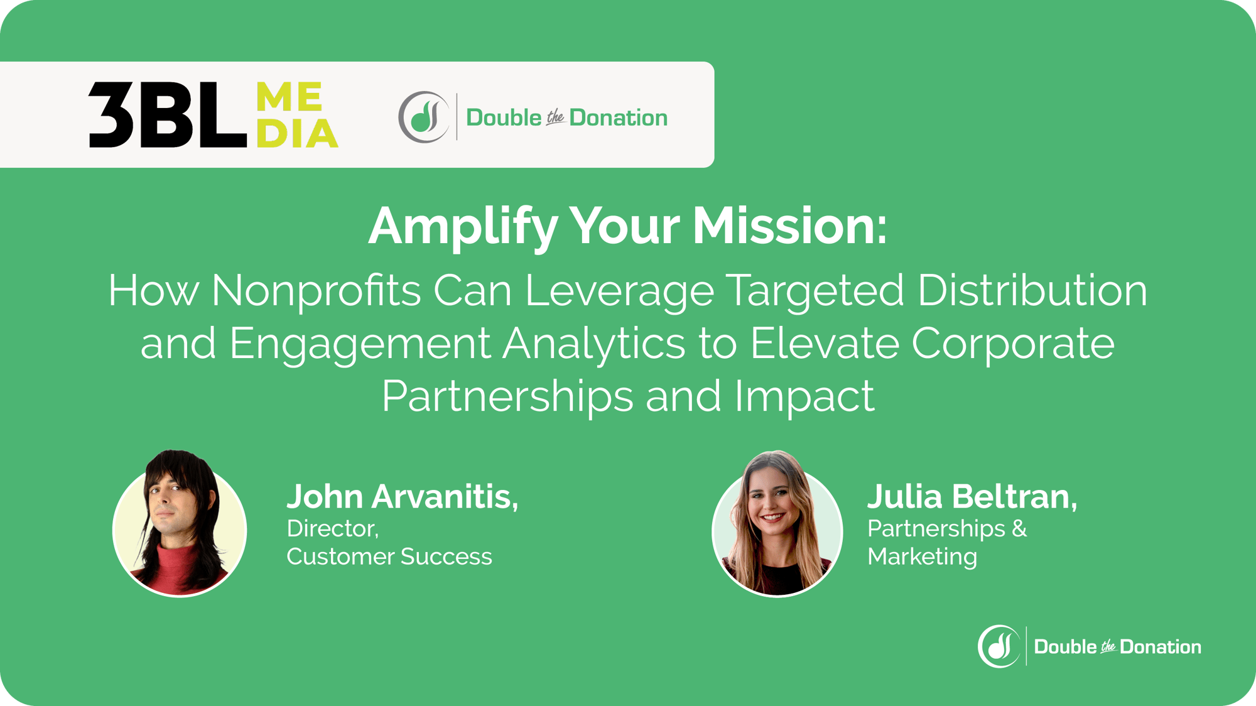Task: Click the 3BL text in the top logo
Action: pos(166,116)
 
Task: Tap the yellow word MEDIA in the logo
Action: pos(297,116)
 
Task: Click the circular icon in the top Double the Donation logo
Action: pos(423,117)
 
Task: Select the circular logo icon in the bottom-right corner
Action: pos(999,646)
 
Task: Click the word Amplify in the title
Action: pos(463,226)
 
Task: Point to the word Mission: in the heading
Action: pos(789,226)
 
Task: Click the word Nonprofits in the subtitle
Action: pos(315,290)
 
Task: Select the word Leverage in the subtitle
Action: pos(619,290)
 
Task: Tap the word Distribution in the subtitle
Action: pos(1032,290)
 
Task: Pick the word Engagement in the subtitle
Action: pos(359,344)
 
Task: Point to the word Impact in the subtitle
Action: pos(804,396)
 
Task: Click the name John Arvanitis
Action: pos(402,496)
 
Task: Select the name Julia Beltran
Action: pos(972,496)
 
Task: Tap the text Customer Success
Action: pos(389,557)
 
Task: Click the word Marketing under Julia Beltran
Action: pos(922,557)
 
